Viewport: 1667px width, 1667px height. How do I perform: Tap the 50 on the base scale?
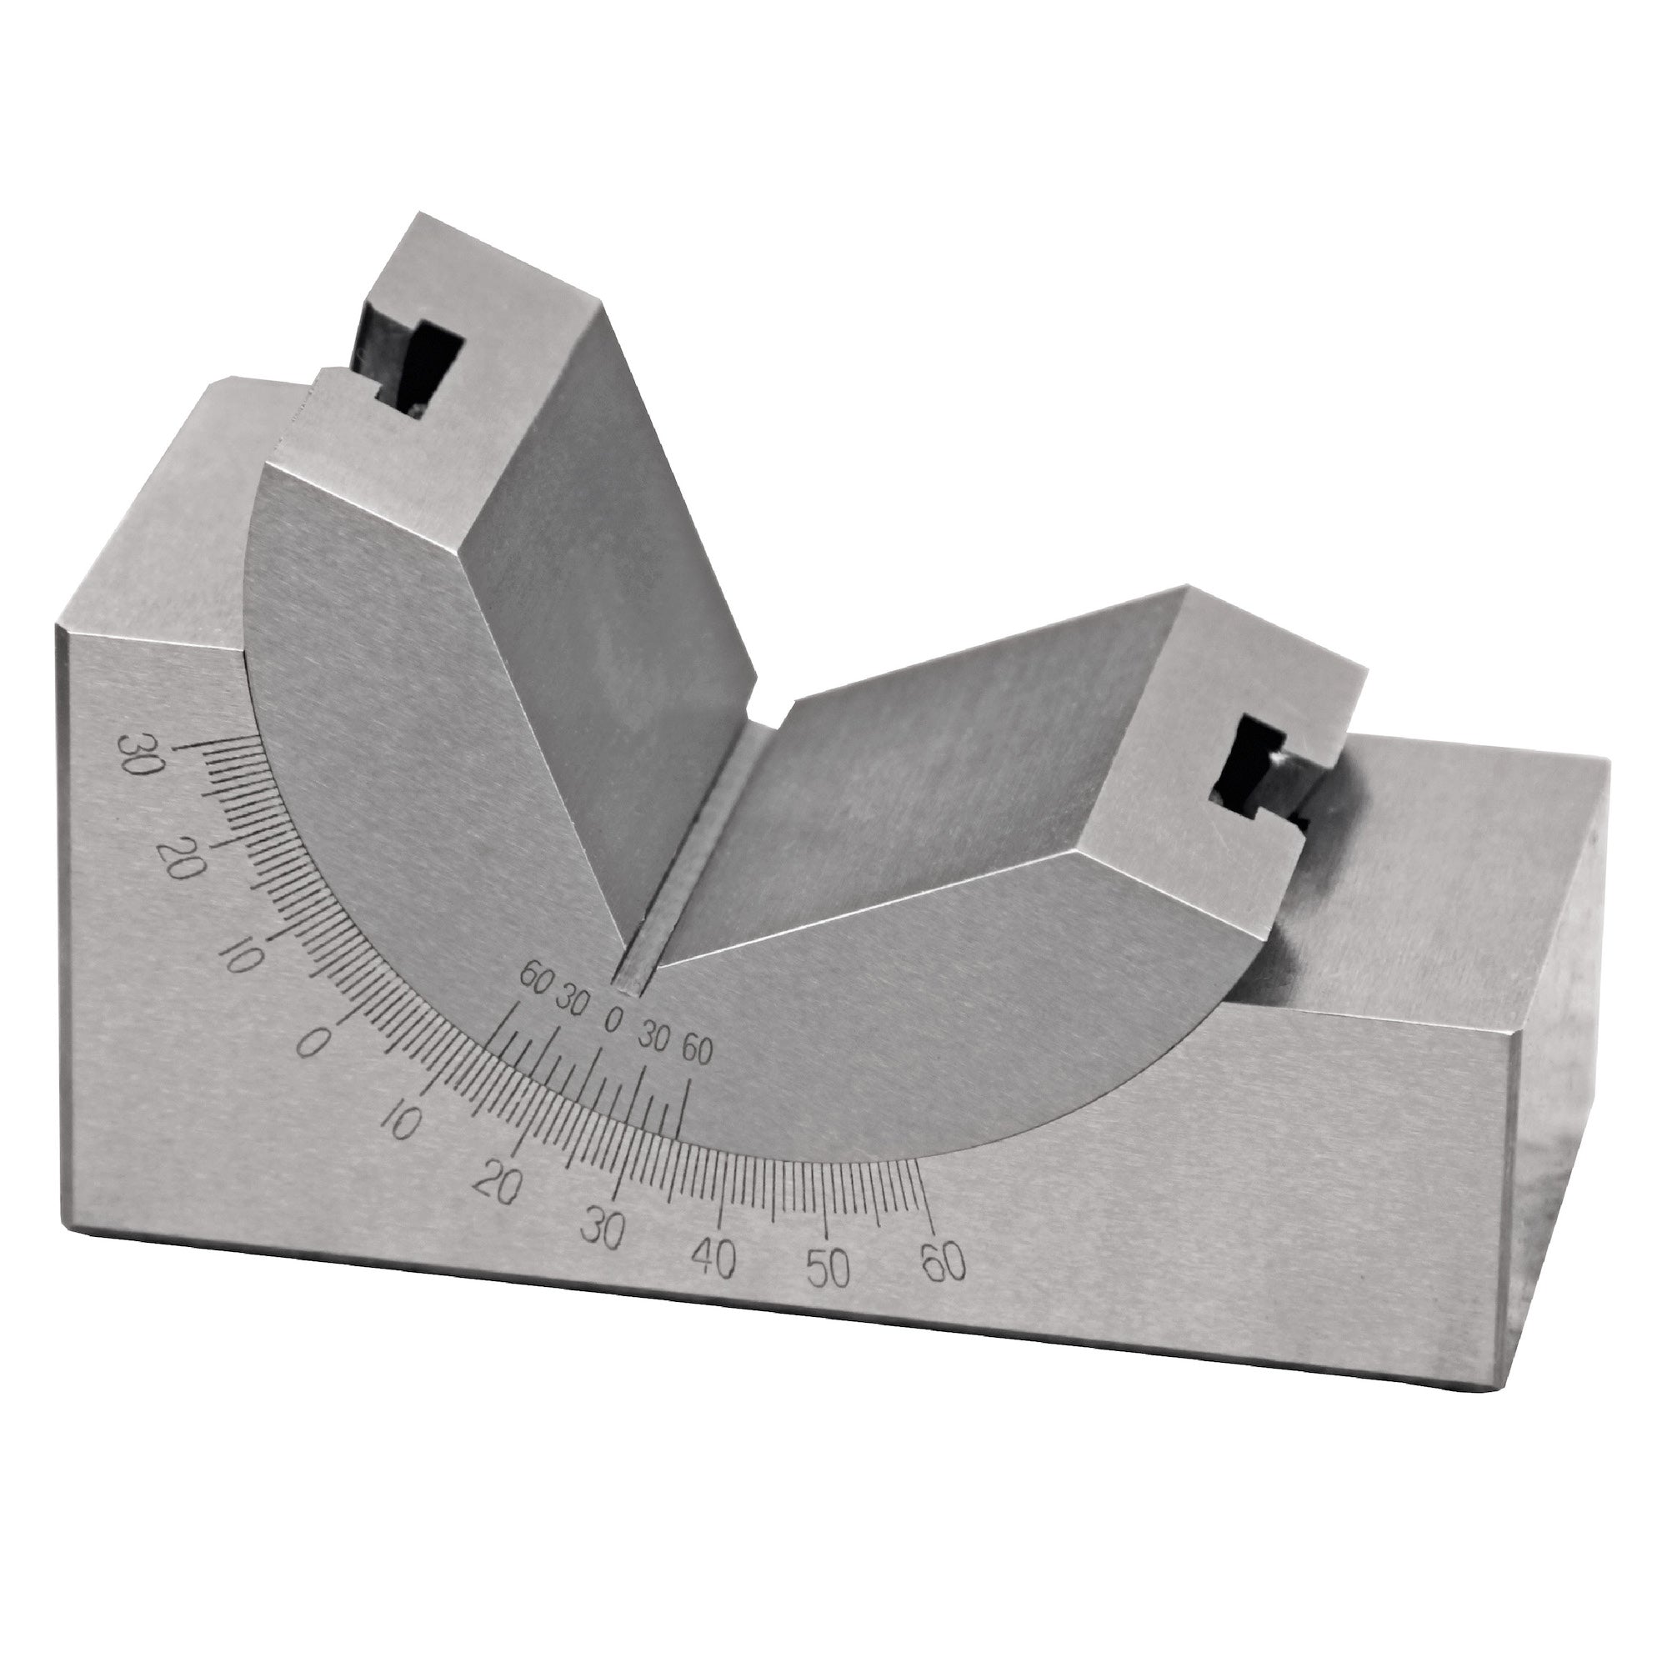827,1269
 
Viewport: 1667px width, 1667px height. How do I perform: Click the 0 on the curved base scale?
313,1044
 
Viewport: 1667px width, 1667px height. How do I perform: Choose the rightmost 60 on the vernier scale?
696,1052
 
